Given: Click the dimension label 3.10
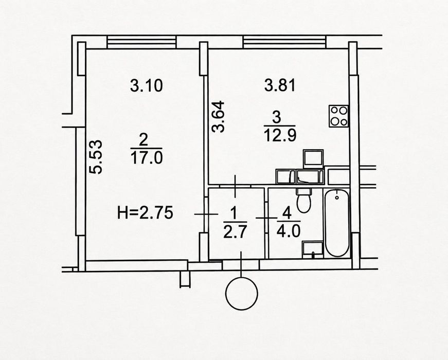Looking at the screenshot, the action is tap(146, 86).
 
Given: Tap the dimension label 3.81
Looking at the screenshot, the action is tap(280, 85).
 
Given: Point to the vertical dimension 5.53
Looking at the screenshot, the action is tap(96, 157).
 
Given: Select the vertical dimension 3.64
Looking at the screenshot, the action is tap(218, 117).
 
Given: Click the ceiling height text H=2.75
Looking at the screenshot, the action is tap(145, 213).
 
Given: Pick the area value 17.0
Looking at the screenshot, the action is tap(146, 158).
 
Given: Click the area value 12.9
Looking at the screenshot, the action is tap(280, 135).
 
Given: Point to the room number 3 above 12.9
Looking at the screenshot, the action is tap(277, 118).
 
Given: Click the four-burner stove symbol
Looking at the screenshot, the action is tap(338, 116).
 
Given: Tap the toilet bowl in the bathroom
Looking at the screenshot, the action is tap(304, 201).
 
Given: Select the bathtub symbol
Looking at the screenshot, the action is tap(337, 223).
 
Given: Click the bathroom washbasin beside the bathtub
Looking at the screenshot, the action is tap(313, 250).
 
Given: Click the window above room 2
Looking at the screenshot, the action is tap(141, 42).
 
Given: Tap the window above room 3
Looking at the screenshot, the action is tap(284, 42).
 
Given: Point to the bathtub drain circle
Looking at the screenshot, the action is tap(337, 197).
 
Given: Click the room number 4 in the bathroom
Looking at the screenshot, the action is tap(286, 213).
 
